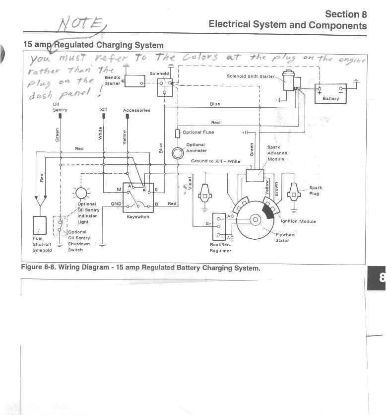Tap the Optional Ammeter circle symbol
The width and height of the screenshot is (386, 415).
(178, 153)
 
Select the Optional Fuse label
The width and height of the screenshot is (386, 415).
(198, 133)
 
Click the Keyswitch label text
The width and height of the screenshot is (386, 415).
(138, 217)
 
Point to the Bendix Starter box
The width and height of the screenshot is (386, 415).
(134, 79)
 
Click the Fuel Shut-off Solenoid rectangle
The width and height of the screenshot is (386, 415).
(40, 225)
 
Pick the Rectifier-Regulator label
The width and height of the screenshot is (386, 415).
(220, 247)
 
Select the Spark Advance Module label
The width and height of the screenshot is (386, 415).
(277, 153)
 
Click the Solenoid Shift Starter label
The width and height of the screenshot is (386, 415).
(250, 76)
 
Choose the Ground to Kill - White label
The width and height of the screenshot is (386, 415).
(215, 161)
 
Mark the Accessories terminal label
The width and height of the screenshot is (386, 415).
(136, 110)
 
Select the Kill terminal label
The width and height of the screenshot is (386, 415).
(103, 110)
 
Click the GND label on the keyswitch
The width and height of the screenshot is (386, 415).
(116, 204)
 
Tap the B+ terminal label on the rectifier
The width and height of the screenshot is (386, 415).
(208, 224)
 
